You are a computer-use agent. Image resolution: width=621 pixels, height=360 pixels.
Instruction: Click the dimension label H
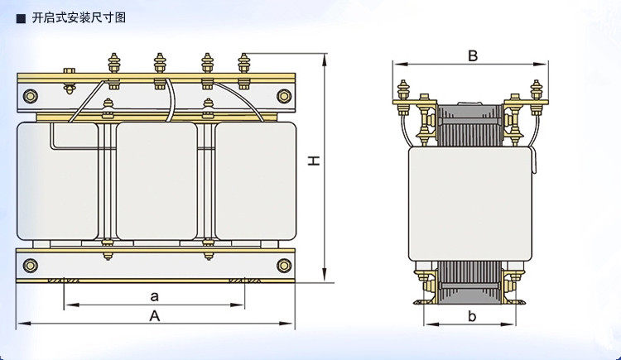315,162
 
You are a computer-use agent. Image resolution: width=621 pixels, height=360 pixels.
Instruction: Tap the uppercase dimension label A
154,315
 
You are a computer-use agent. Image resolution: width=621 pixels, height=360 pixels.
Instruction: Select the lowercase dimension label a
154,295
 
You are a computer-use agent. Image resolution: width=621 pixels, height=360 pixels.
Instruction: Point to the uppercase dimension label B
473,56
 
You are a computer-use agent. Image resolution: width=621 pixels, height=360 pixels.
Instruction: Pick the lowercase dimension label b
472,315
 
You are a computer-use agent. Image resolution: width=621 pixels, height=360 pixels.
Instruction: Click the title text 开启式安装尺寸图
78,17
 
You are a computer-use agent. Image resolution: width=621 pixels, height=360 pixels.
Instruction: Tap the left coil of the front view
57,180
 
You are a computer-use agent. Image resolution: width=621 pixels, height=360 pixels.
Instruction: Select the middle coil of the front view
156,180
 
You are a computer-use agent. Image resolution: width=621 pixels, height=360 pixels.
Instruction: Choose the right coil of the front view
255,180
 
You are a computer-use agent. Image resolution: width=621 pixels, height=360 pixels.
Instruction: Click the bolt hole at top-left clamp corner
31,96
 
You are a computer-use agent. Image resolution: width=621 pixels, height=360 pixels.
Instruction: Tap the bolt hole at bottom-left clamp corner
31,266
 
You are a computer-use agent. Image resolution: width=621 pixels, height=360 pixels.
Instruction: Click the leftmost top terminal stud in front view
113,65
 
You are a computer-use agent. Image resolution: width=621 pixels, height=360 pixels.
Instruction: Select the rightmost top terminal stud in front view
243,65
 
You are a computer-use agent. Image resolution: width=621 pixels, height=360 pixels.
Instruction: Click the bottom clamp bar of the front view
156,266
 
